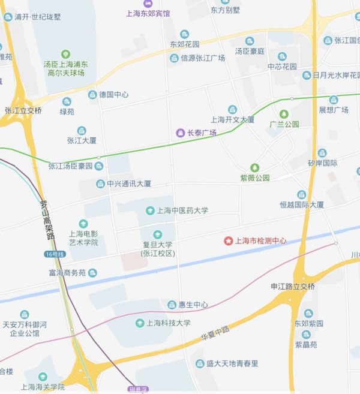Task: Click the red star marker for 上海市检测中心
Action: point(228,241)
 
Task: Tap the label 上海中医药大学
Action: point(182,210)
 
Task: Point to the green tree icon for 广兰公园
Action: point(284,114)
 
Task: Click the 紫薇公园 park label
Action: point(254,178)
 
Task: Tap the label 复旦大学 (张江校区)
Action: point(157,249)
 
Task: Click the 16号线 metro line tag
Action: point(54,254)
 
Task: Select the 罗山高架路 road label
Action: point(46,219)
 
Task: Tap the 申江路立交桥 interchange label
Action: point(293,286)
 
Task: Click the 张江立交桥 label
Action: point(23,110)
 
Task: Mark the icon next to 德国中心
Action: point(92,95)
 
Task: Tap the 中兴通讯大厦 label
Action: point(128,184)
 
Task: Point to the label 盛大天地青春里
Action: point(232,363)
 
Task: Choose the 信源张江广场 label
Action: point(202,58)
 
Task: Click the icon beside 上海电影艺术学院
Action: point(83,223)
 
